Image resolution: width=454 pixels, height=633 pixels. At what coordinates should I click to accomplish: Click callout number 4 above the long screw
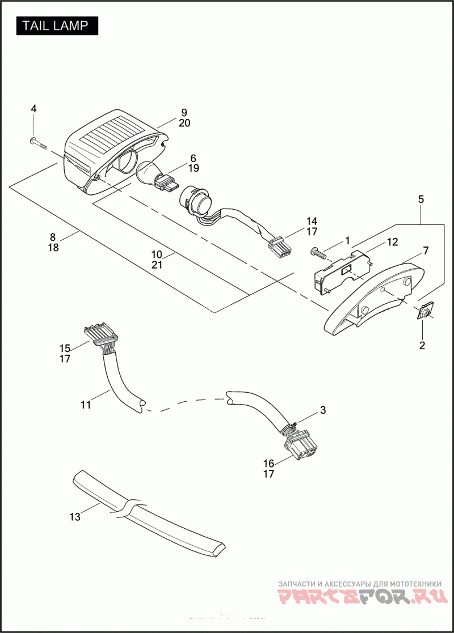[33, 108]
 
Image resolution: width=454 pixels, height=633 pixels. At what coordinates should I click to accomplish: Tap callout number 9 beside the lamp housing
[184, 112]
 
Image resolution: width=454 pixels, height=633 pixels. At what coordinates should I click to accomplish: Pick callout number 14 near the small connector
[312, 221]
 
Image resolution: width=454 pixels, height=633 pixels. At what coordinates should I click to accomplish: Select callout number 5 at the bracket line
[421, 199]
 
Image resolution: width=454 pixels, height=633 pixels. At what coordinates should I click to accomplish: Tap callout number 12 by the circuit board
[392, 241]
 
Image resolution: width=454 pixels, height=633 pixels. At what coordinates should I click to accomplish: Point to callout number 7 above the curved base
[426, 250]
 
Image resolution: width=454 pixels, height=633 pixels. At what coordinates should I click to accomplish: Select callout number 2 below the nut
[422, 345]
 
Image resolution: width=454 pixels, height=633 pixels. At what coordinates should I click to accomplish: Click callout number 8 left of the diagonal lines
[53, 236]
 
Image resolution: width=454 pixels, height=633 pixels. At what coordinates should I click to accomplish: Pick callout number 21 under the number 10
[157, 265]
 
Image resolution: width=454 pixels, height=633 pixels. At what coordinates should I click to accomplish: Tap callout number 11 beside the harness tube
[86, 405]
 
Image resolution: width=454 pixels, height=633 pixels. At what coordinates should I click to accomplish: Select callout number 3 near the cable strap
[322, 410]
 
